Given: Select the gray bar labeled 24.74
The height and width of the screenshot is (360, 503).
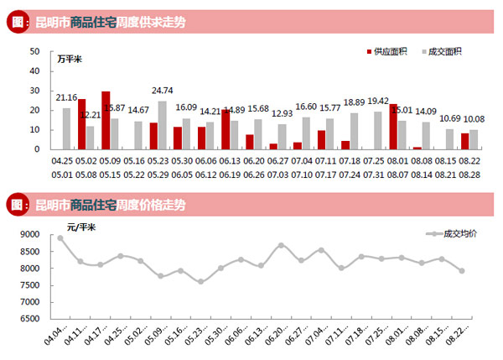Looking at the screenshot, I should [162, 125].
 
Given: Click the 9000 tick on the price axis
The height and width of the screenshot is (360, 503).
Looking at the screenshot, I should [31, 235].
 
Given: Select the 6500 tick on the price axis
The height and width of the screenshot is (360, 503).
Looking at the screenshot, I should [31, 319].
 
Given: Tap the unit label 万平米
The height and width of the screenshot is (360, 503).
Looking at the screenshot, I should [70, 60].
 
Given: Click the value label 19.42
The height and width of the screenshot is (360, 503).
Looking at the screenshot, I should [378, 101].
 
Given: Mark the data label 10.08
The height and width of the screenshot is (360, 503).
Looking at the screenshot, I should [474, 118].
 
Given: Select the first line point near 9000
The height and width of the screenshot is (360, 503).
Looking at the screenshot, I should [60, 238].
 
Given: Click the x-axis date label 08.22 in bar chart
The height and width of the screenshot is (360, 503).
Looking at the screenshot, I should [470, 159].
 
